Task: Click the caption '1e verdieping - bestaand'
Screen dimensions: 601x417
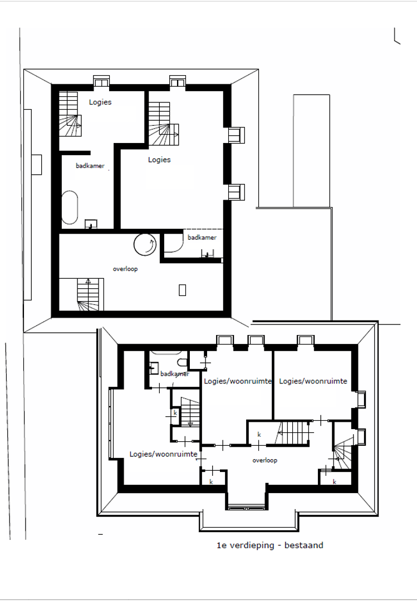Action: point(269,545)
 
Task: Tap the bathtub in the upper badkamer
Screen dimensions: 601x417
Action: point(70,208)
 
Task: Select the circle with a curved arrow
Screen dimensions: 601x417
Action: point(144,244)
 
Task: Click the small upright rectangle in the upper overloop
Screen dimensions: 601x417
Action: point(182,289)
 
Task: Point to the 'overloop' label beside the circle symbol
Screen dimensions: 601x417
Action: point(125,269)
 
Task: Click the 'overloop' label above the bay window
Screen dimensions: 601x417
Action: point(264,460)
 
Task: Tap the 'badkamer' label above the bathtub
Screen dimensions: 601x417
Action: point(90,166)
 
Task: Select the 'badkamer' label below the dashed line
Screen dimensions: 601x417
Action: point(202,238)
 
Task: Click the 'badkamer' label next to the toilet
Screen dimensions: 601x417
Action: point(174,374)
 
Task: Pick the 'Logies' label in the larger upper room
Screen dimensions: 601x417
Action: point(159,160)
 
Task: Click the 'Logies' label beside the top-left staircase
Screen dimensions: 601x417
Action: point(100,102)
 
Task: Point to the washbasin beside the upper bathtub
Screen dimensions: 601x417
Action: point(90,224)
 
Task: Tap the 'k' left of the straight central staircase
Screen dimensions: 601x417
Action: point(259,434)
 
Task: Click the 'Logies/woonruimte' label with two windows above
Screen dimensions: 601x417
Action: point(238,381)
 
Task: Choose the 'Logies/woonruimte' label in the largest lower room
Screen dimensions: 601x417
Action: point(164,454)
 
